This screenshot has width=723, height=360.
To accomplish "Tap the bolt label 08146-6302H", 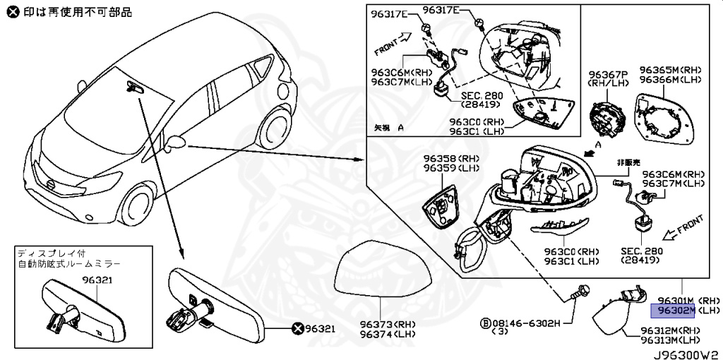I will click(x=530, y=323).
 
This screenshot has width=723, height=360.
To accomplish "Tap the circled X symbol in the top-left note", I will click(x=8, y=11).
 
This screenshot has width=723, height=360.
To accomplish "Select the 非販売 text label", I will click(x=626, y=160).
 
